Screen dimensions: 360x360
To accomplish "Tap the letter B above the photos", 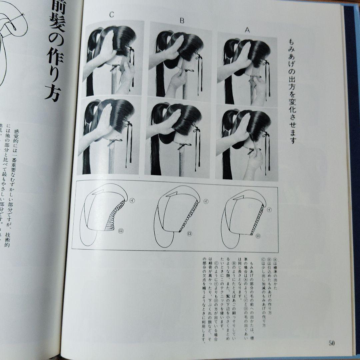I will click(x=182, y=20).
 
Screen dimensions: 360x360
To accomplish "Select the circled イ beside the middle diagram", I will click(x=206, y=201).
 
